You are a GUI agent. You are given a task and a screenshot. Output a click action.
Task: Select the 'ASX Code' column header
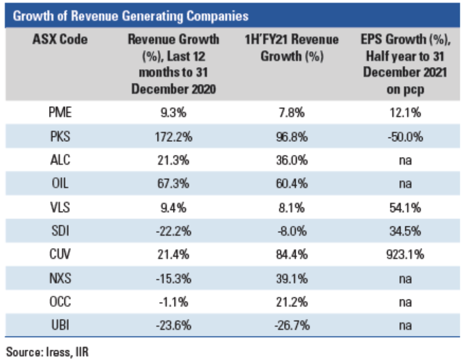coord(60,39)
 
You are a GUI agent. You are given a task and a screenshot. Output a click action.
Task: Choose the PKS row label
coord(60,136)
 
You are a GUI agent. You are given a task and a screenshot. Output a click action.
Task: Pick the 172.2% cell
coord(173,136)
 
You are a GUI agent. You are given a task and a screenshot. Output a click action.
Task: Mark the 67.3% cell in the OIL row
coord(173,183)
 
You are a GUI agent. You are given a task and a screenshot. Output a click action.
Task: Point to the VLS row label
coord(60,207)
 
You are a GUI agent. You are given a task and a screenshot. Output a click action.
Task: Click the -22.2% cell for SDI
coord(173,230)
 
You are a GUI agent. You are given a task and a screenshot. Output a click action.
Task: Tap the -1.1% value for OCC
coord(173,301)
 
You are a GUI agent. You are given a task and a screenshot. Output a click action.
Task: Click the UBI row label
coord(60,325)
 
